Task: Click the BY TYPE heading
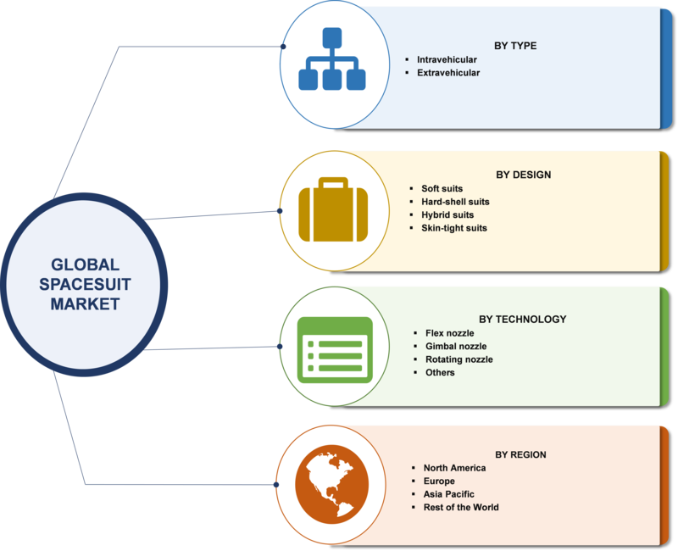pos(515,46)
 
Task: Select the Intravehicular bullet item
pos(447,59)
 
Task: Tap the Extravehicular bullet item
pos(448,73)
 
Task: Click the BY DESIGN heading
pos(523,175)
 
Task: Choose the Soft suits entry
pos(442,188)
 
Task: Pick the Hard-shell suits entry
pos(455,202)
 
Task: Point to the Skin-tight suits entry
pos(454,228)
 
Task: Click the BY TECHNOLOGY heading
pos(522,320)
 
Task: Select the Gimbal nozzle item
pos(456,346)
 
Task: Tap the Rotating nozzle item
pos(459,359)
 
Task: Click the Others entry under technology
pos(440,372)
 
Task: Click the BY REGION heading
pos(520,454)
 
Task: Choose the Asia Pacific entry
pos(449,494)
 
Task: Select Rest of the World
pos(461,507)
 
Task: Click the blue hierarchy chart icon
pos(332,58)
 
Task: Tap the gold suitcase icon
pos(333,209)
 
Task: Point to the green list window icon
pos(335,350)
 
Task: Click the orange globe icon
pos(332,484)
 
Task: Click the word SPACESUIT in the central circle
pos(85,285)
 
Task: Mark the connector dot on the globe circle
pos(276,484)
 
